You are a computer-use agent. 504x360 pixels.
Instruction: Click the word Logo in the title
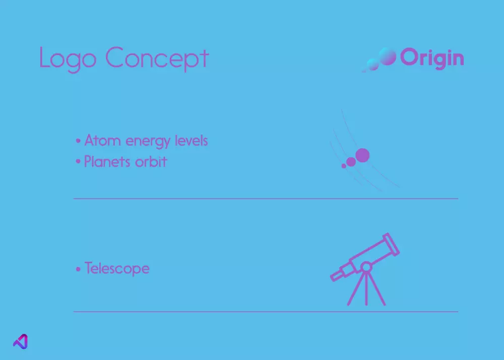(x=68, y=59)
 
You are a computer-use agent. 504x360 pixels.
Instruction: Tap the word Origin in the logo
(x=432, y=58)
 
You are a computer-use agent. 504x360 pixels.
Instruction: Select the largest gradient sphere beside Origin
(x=387, y=56)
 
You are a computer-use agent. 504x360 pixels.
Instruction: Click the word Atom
(x=102, y=141)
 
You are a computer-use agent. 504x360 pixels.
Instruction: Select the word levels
(x=192, y=141)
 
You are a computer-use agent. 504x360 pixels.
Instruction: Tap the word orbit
(x=151, y=161)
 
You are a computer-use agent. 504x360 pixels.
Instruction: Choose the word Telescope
(x=117, y=268)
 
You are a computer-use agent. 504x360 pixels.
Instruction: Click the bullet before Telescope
(x=78, y=269)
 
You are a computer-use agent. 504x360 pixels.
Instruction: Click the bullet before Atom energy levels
(x=78, y=141)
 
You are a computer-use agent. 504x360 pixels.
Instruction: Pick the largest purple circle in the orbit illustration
(x=362, y=155)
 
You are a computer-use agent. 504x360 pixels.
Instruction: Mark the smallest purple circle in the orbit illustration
(x=344, y=166)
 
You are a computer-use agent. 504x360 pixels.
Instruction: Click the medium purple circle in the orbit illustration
(x=351, y=162)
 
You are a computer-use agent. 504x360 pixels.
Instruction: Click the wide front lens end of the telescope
(x=391, y=244)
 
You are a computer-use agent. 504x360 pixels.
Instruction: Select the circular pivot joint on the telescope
(x=366, y=267)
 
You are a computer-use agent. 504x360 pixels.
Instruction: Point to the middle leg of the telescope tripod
(x=366, y=288)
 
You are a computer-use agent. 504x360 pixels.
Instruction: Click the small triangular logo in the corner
(x=21, y=341)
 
